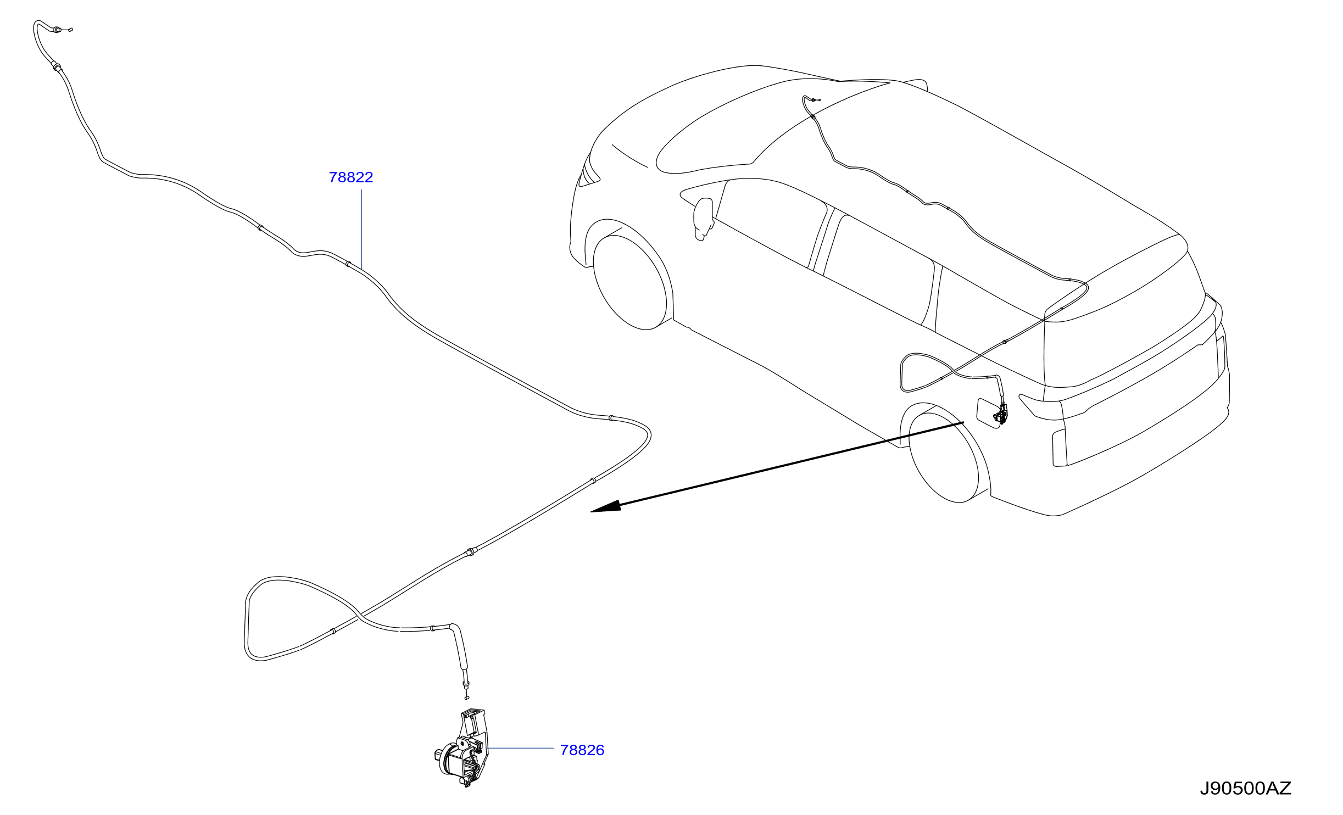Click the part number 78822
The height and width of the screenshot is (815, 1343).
pos(351,177)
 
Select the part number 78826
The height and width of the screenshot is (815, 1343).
pos(582,750)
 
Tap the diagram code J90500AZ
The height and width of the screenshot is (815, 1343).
pos(1245,789)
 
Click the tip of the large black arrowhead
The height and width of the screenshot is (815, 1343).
pos(590,512)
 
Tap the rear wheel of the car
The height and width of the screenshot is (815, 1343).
pos(944,457)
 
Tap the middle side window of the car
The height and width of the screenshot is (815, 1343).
pos(879,272)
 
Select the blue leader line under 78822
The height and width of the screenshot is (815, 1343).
pos(361,229)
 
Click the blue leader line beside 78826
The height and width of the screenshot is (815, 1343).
pos(520,748)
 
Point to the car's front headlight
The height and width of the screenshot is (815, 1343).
pos(589,170)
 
